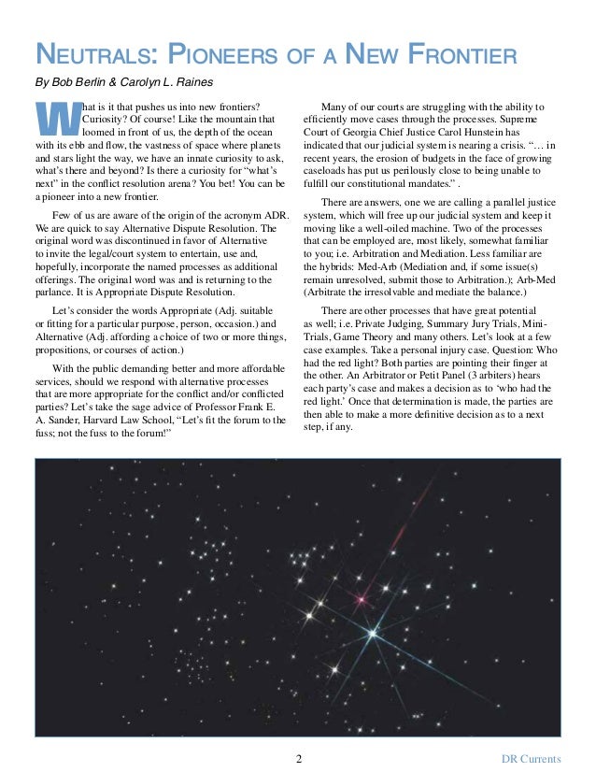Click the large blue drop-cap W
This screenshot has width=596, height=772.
(x=56, y=120)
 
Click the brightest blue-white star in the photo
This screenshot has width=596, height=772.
(x=376, y=636)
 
